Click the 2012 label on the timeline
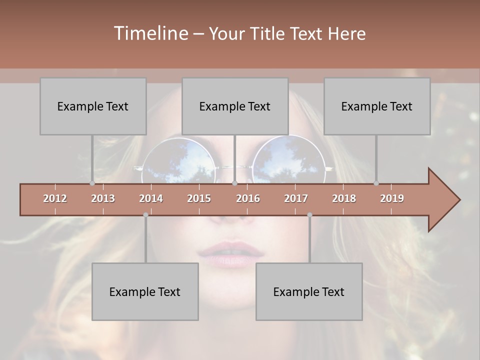pyautogui.click(x=55, y=198)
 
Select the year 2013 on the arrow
pyautogui.click(x=103, y=198)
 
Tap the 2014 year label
pyautogui.click(x=151, y=198)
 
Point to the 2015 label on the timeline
pyautogui.click(x=199, y=198)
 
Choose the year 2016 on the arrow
pyautogui.click(x=248, y=198)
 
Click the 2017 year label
pyautogui.click(x=296, y=198)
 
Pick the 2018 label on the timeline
pyautogui.click(x=344, y=198)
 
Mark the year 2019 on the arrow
pyautogui.click(x=392, y=198)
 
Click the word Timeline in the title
pyautogui.click(x=150, y=33)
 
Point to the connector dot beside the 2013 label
pyautogui.click(x=92, y=183)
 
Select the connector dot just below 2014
pyautogui.click(x=145, y=215)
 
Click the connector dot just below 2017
pyautogui.click(x=309, y=215)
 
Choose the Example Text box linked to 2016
pyautogui.click(x=235, y=106)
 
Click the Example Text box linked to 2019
pyautogui.click(x=377, y=106)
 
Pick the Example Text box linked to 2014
pyautogui.click(x=145, y=291)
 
